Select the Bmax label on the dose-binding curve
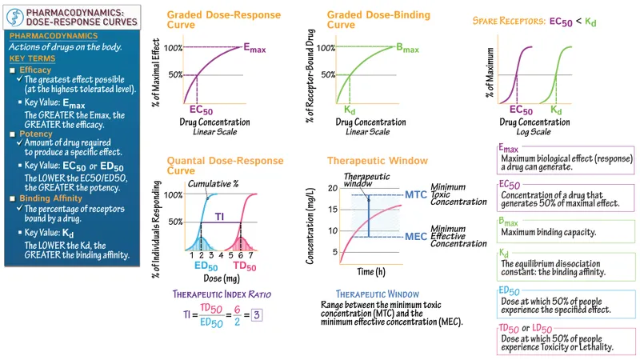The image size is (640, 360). pos(409,48)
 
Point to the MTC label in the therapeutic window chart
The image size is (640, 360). pos(415,194)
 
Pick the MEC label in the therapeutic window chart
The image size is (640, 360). pos(415,236)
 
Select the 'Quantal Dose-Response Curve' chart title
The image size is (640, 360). pos(214,165)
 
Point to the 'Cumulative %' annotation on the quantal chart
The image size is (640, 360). pos(212,183)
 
